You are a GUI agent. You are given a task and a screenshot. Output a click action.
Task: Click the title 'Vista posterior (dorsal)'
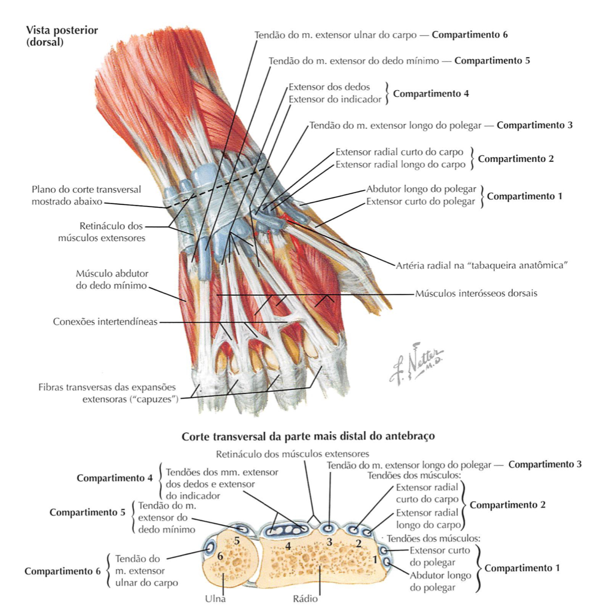pyautogui.click(x=62, y=36)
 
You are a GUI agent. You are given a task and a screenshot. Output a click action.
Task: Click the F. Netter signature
pyautogui.click(x=416, y=363)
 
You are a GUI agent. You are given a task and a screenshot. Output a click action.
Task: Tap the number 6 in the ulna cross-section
pyautogui.click(x=220, y=555)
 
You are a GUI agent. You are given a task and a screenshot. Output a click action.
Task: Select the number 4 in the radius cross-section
pyautogui.click(x=288, y=546)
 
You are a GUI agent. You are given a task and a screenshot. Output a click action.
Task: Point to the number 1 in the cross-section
pyautogui.click(x=374, y=559)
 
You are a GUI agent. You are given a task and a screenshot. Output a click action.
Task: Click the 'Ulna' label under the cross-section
pyautogui.click(x=215, y=598)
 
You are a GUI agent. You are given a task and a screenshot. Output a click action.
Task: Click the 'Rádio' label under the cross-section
pyautogui.click(x=305, y=598)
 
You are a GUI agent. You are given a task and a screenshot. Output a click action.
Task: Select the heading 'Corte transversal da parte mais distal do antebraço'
pyautogui.click(x=308, y=437)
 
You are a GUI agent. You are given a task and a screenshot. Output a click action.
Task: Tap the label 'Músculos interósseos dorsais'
pyautogui.click(x=476, y=293)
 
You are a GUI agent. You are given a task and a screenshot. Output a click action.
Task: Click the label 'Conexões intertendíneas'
pyautogui.click(x=105, y=322)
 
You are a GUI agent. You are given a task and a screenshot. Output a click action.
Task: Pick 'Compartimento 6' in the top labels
pyautogui.click(x=470, y=35)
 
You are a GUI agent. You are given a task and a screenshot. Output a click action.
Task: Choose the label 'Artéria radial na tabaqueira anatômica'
pyautogui.click(x=481, y=265)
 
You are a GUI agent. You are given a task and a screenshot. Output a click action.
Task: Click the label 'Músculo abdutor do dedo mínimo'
pyautogui.click(x=112, y=280)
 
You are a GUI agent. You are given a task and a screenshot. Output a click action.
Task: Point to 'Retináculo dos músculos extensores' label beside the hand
pyautogui.click(x=102, y=232)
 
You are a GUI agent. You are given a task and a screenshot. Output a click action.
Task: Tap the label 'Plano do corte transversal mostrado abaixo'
pyautogui.click(x=86, y=195)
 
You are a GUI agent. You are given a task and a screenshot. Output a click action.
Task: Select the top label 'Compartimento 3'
pyautogui.click(x=534, y=125)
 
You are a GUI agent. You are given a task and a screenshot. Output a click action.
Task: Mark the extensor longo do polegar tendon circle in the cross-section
pyautogui.click(x=329, y=528)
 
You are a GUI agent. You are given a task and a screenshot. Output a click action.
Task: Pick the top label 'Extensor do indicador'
pyautogui.click(x=335, y=99)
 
